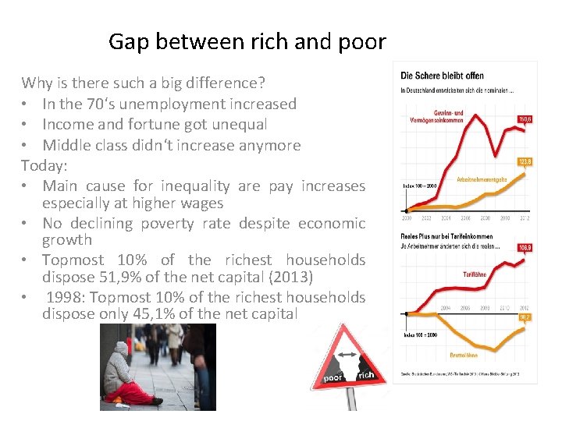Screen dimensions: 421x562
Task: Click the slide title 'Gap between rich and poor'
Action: point(247,41)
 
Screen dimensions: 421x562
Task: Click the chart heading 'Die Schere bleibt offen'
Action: point(442,76)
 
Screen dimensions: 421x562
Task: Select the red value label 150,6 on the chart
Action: point(525,119)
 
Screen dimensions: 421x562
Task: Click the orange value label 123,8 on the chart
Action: point(525,161)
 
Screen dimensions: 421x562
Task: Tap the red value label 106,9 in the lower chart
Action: point(525,247)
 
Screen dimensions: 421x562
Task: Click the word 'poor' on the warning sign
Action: point(332,380)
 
